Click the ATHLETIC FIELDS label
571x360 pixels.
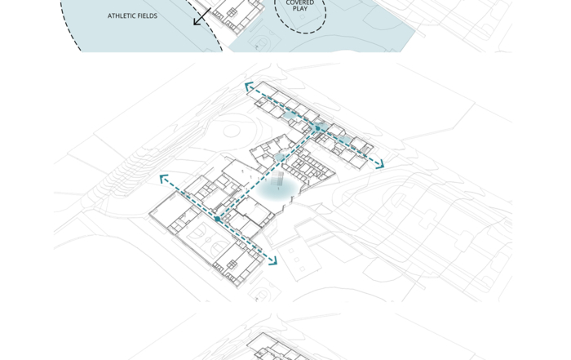pyautogui.click(x=132, y=16)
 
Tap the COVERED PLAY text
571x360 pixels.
pyautogui.click(x=299, y=5)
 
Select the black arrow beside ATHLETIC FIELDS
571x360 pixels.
pyautogui.click(x=202, y=17)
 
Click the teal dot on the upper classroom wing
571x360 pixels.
pyautogui.click(x=318, y=128)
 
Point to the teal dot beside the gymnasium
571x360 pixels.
pyautogui.click(x=218, y=219)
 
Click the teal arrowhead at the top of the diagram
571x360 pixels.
pyautogui.click(x=249, y=87)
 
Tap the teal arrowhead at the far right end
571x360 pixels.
pyautogui.click(x=380, y=164)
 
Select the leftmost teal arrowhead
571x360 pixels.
pyautogui.click(x=164, y=179)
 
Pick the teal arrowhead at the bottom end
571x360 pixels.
pyautogui.click(x=273, y=260)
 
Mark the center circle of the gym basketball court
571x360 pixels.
pyautogui.click(x=207, y=239)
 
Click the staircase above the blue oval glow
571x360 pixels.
pyautogui.click(x=277, y=178)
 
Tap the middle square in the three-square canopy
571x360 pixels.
pyautogui.click(x=296, y=260)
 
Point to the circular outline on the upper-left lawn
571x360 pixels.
pyautogui.click(x=232, y=131)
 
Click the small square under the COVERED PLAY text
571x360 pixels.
pyautogui.click(x=303, y=17)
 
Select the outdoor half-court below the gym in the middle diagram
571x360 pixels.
pyautogui.click(x=265, y=291)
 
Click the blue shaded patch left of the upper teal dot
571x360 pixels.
pyautogui.click(x=289, y=116)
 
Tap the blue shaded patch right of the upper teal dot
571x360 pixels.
pyautogui.click(x=345, y=140)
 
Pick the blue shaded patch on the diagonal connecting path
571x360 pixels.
pyautogui.click(x=280, y=158)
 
